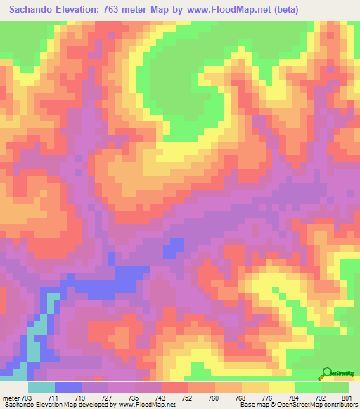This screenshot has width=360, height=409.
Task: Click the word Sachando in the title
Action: (34, 10)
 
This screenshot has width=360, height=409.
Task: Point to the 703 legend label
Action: (25, 397)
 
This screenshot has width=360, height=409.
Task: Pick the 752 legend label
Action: (188, 397)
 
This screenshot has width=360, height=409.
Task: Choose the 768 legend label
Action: (240, 397)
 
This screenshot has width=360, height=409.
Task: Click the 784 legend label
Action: (293, 397)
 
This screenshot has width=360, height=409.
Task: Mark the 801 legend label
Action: (346, 397)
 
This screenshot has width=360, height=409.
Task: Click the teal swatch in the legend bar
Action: (41, 387)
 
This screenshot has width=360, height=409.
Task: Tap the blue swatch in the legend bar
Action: (68, 387)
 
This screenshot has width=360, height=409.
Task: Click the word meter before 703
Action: (10, 397)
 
